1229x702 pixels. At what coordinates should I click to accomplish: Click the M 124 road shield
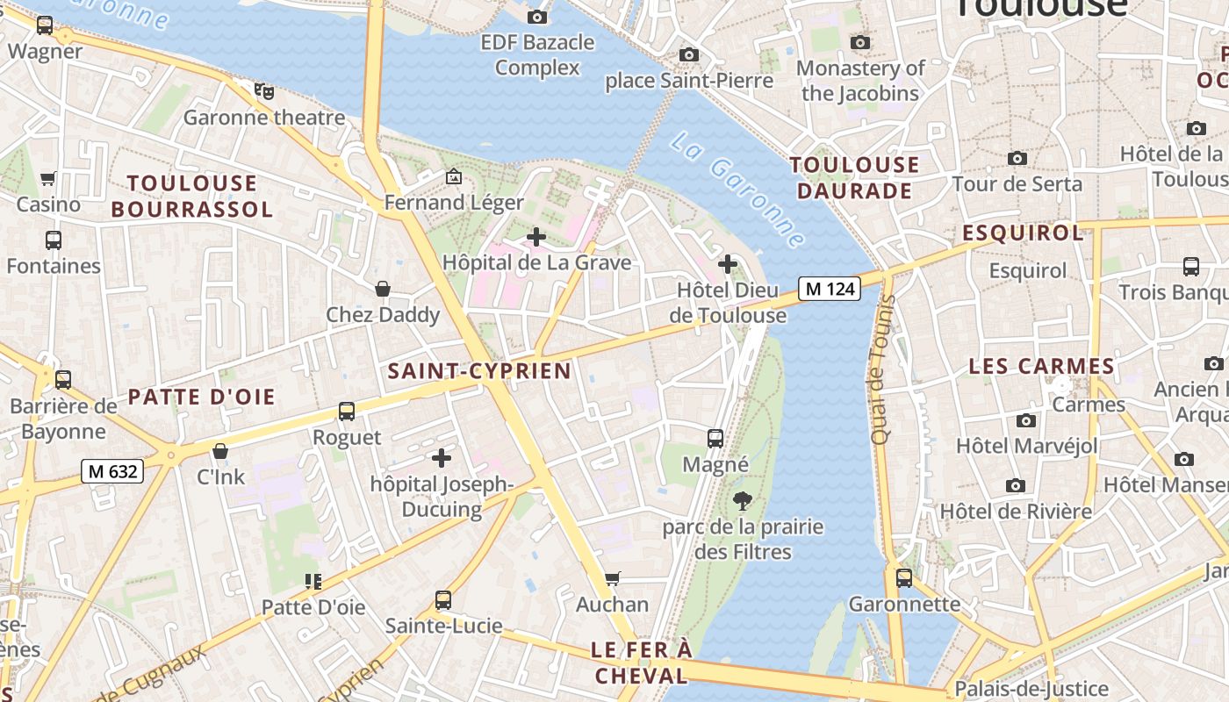pyautogui.click(x=829, y=288)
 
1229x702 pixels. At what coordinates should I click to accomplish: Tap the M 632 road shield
pyautogui.click(x=112, y=471)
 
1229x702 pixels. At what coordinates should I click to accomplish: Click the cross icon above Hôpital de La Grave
pyautogui.click(x=536, y=237)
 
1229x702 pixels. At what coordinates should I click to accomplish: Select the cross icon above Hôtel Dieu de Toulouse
pyautogui.click(x=728, y=263)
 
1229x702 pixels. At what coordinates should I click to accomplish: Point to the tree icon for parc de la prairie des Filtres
pyautogui.click(x=743, y=502)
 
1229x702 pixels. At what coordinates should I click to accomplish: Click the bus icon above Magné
pyautogui.click(x=715, y=439)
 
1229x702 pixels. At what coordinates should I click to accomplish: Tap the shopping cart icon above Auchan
pyautogui.click(x=613, y=579)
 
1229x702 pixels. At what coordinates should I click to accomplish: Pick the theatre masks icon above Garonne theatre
pyautogui.click(x=263, y=90)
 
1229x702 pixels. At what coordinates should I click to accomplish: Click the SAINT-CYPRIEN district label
pyautogui.click(x=479, y=371)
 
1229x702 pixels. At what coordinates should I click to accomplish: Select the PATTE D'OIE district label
pyautogui.click(x=202, y=397)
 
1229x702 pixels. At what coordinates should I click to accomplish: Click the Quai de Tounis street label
pyautogui.click(x=881, y=369)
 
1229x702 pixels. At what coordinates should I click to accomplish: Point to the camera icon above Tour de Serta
pyautogui.click(x=1017, y=159)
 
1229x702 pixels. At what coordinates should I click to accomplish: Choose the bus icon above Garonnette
pyautogui.click(x=904, y=578)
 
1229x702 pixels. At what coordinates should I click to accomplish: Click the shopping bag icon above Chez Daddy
pyautogui.click(x=383, y=289)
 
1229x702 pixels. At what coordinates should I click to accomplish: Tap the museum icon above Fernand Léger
pyautogui.click(x=454, y=177)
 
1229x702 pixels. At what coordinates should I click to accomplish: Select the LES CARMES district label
pyautogui.click(x=1041, y=366)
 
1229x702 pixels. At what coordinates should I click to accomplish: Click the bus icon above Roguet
pyautogui.click(x=347, y=412)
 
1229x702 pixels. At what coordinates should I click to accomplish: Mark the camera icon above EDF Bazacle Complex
pyautogui.click(x=537, y=17)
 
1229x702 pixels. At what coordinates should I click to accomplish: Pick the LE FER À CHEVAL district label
pyautogui.click(x=641, y=663)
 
